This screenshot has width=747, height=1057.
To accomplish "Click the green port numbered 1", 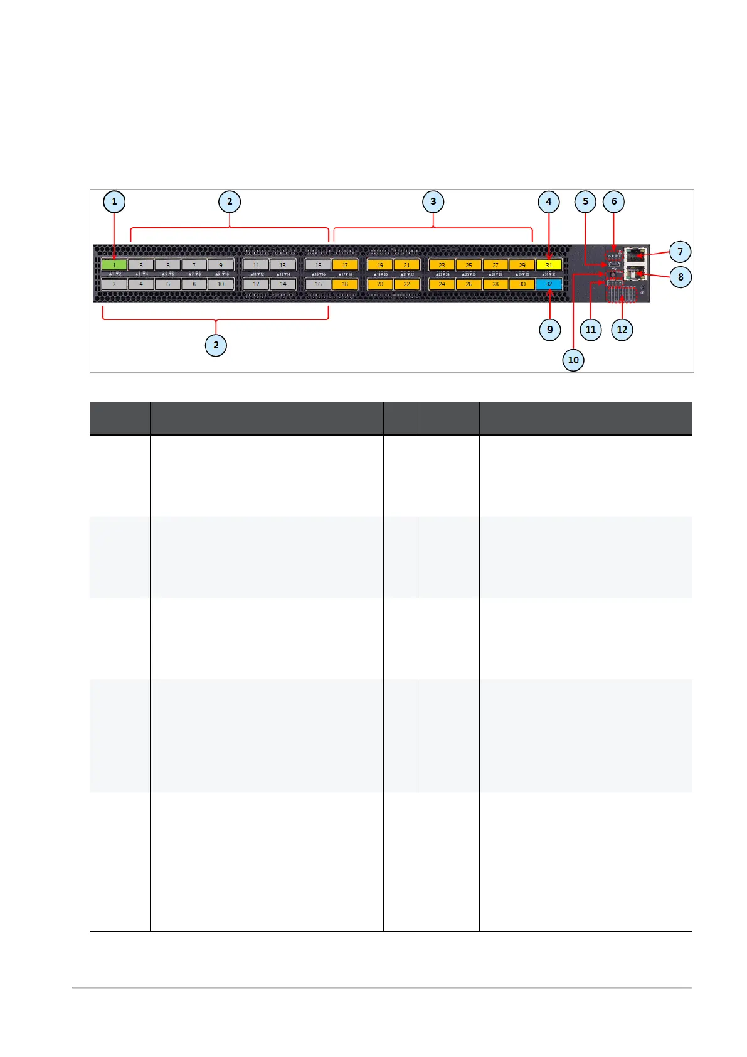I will click(114, 266).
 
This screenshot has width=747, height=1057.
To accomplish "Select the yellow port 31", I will click(549, 266).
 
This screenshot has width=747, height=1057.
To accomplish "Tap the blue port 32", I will click(549, 284).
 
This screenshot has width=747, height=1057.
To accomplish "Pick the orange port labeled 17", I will click(345, 266).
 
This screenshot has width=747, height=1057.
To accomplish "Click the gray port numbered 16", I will click(318, 284).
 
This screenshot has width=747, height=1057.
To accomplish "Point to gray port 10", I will click(221, 284).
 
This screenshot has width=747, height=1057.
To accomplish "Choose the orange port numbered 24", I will click(442, 284).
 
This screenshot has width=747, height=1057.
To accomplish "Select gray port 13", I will click(282, 266).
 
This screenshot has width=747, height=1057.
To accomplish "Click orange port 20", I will click(380, 284).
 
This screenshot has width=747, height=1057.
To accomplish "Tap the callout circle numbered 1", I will click(114, 201).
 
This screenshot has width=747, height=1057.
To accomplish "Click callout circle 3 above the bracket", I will click(433, 201).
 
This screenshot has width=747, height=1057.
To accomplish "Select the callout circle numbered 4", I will click(549, 201).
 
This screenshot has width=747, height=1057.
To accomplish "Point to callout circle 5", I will click(586, 201).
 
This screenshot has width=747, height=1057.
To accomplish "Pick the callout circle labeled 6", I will click(614, 201).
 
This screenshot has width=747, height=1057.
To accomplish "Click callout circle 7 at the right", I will click(680, 252).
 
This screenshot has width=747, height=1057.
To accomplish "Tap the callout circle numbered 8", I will click(681, 277).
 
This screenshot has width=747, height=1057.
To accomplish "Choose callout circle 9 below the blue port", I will click(550, 330).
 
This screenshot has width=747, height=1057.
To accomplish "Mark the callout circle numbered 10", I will click(573, 360).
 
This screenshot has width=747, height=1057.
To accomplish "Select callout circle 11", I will click(591, 330).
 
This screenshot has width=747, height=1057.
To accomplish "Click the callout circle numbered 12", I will click(622, 330).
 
